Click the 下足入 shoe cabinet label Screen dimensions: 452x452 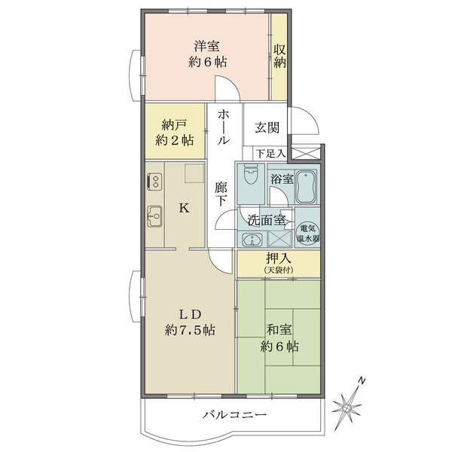[270, 153]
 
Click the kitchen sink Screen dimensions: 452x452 [154, 216]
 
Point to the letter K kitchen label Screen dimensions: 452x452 [183, 210]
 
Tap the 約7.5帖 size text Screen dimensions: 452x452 [190, 329]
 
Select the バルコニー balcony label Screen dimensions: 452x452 [234, 415]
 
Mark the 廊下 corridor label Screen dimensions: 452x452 [221, 194]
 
